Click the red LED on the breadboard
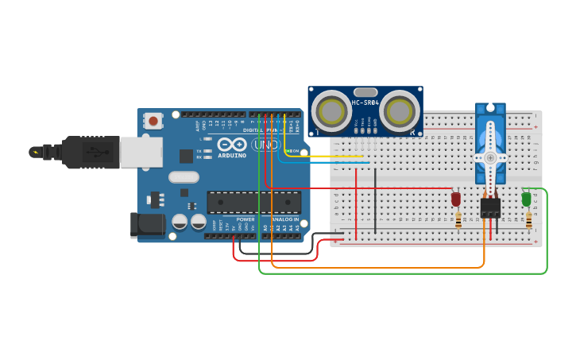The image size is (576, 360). [x=456, y=199]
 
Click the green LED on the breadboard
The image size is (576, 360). [x=526, y=199]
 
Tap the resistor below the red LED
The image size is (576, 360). [x=458, y=220]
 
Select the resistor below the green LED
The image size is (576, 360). [x=528, y=220]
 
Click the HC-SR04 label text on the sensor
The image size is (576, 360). [x=365, y=103]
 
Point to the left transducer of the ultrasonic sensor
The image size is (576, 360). [x=331, y=110]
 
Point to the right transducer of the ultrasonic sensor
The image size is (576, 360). [x=400, y=110]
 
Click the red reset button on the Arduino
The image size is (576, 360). [x=153, y=121]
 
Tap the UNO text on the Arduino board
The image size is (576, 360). [x=266, y=145]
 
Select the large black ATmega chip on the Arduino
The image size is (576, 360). [x=253, y=202]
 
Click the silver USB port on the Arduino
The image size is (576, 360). [x=141, y=152]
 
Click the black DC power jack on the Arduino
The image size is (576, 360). [x=147, y=224]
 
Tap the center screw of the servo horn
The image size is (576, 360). [x=490, y=157]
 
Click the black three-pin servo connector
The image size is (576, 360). [x=490, y=207]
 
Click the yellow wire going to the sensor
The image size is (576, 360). [x=318, y=156]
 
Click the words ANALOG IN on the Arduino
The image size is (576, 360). [x=284, y=219]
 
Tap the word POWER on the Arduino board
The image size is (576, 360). [x=245, y=219]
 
